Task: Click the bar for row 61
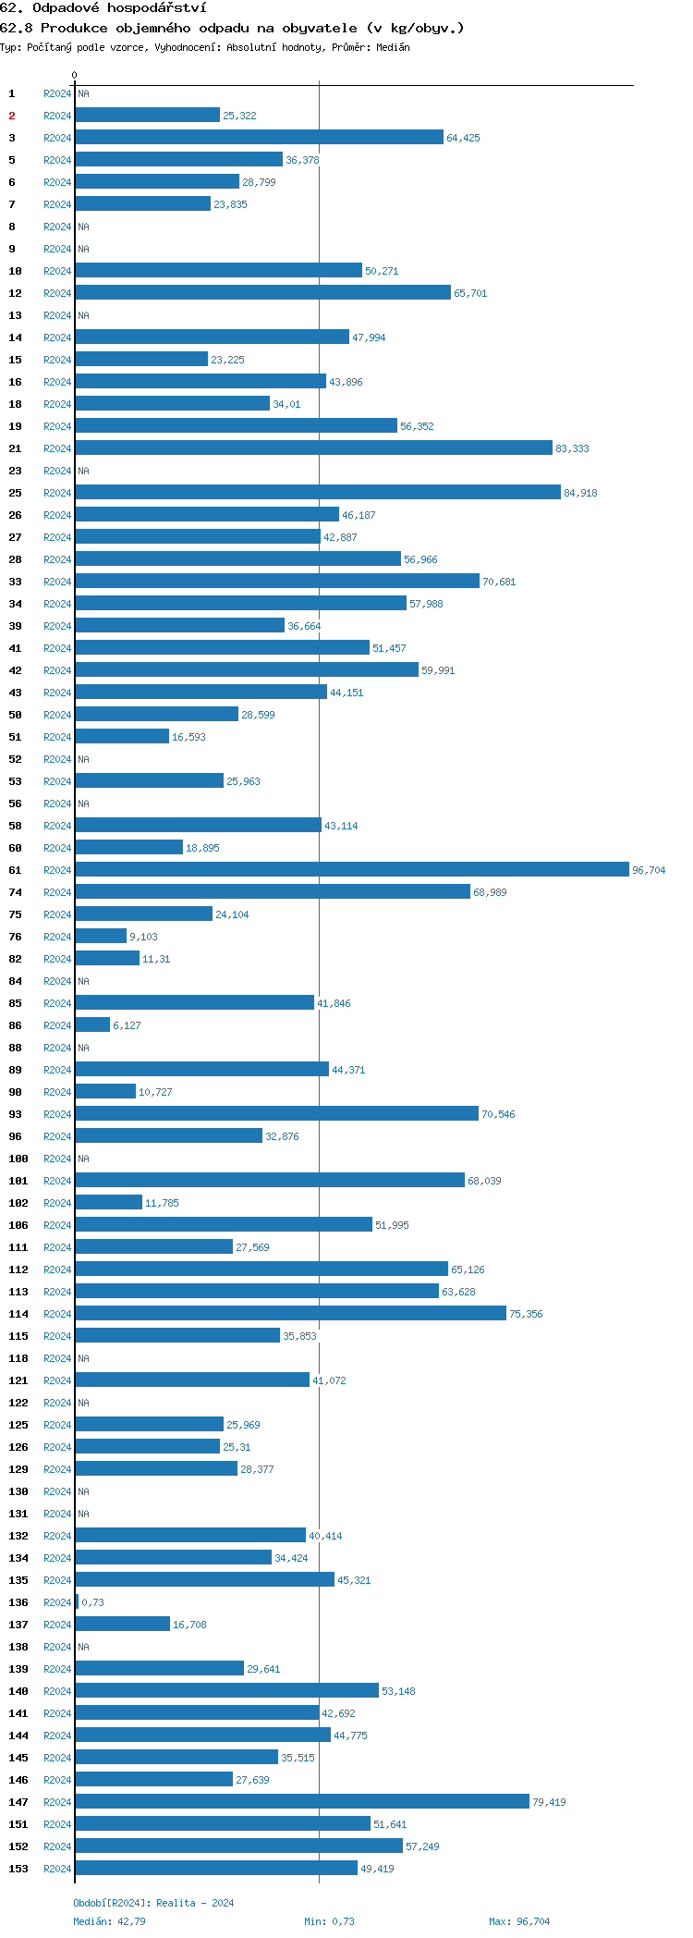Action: (x=351, y=869)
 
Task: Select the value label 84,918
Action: (x=580, y=493)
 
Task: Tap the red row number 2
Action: (x=12, y=116)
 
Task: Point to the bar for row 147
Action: (x=301, y=1801)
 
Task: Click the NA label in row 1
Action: (x=83, y=93)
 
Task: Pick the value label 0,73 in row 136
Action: (x=92, y=1602)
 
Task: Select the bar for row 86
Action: (x=92, y=1024)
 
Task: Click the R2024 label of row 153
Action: (x=57, y=1869)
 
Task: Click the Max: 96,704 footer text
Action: (x=518, y=1921)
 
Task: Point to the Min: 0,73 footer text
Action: (x=329, y=1921)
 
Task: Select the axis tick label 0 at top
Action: (x=75, y=75)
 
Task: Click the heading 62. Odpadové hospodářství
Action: (x=103, y=7)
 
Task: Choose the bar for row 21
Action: (x=313, y=448)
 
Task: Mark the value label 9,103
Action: (x=143, y=937)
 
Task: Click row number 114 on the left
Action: (x=18, y=1314)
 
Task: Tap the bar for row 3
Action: (x=259, y=137)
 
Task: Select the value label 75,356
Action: (x=526, y=1314)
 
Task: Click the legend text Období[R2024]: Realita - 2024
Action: (x=153, y=1903)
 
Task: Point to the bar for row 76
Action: (x=101, y=936)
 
